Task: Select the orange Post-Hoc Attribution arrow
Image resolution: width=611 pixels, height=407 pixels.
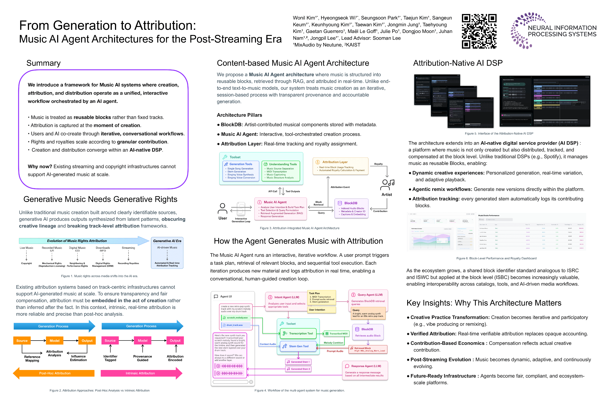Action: coord(55,373)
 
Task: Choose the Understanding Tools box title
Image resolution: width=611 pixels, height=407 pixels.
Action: coord(283,164)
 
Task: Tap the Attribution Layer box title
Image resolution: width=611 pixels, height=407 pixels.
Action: coord(335,162)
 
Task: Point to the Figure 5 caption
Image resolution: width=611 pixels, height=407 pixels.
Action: coord(499,133)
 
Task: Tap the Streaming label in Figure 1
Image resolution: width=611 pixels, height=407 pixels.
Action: coord(128,248)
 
